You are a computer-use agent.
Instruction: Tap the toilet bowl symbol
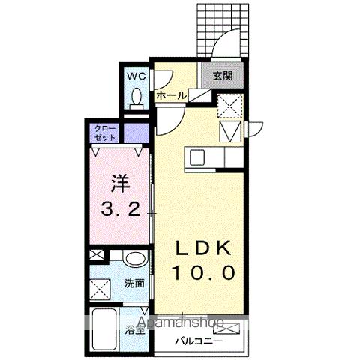136,97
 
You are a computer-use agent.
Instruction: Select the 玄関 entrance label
221,76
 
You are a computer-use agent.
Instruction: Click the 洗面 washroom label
134,283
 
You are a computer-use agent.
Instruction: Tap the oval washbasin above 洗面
135,259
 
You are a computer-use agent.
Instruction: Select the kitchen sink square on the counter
198,157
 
